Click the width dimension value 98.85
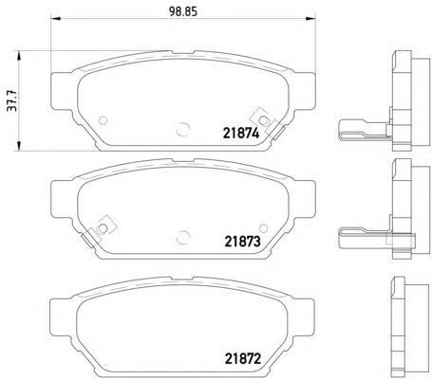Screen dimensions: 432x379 coord(183,11)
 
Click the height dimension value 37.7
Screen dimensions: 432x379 coord(12,100)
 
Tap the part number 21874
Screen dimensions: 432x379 coord(241,134)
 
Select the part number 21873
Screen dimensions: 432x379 coord(242,242)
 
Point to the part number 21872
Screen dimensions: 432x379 coord(243,359)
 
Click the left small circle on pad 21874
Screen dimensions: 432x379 coord(103,120)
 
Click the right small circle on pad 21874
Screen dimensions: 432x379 coord(263,120)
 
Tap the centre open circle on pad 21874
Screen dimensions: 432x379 coord(183,129)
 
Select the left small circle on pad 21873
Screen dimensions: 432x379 coord(103,228)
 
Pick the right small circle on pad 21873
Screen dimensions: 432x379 coord(263,228)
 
